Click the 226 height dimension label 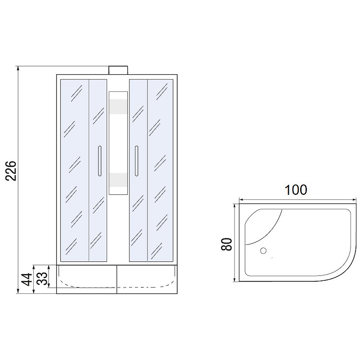click(x=11, y=171)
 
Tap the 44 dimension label click(x=27, y=279)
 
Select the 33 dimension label click(x=42, y=278)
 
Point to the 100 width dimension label click(x=296, y=190)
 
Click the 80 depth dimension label click(x=226, y=244)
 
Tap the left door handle click(x=99, y=161)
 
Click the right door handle click(x=137, y=161)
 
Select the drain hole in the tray click(x=263, y=251)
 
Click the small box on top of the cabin click(x=118, y=70)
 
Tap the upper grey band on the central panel click(x=118, y=107)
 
